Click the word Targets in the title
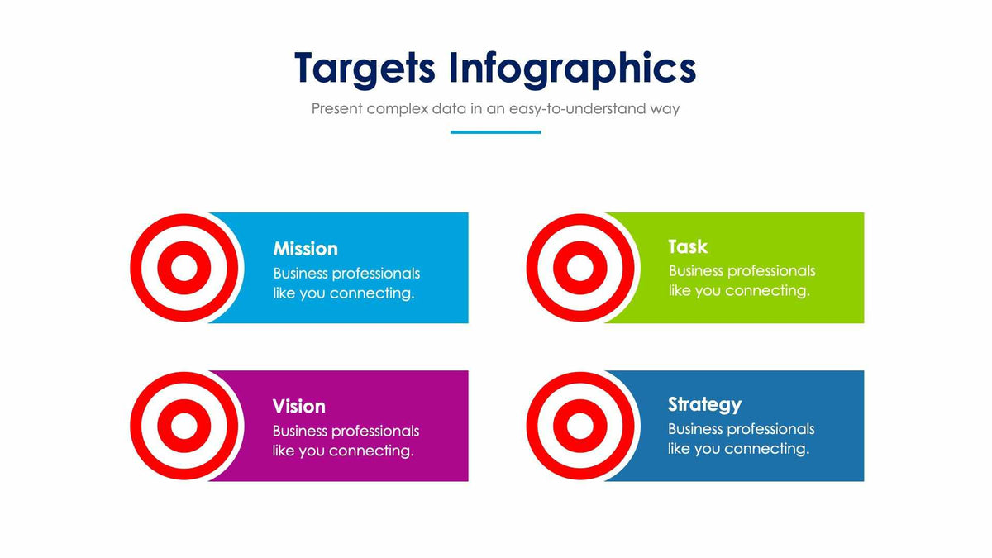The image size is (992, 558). [x=364, y=68]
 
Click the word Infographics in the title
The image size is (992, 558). [x=572, y=68]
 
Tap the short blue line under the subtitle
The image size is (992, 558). [x=495, y=132]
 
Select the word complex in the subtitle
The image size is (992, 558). [x=397, y=108]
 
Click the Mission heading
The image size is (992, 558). [x=305, y=249]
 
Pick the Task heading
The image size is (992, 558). [x=688, y=246]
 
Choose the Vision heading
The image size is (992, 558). [x=298, y=407]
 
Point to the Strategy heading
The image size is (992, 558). [x=704, y=404]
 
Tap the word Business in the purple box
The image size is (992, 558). [x=301, y=432]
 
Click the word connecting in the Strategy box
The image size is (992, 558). [x=767, y=449]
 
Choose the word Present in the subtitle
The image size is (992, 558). [x=336, y=108]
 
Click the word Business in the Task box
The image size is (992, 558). [x=697, y=271]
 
